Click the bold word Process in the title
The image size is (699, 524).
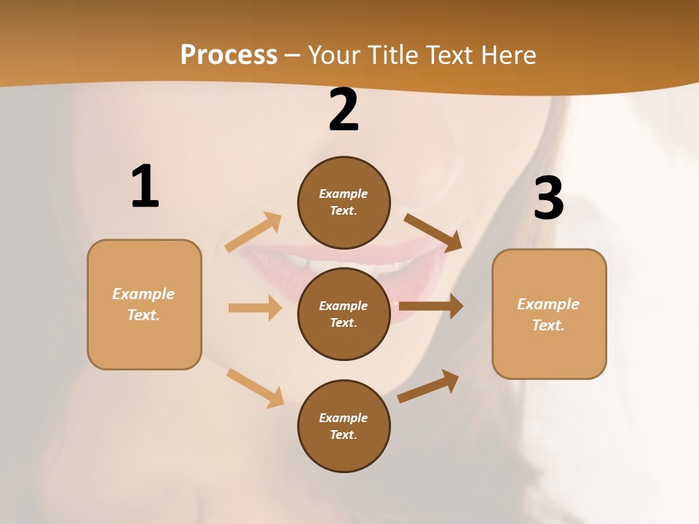229,55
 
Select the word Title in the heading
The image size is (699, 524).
393,55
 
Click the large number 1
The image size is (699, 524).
145,186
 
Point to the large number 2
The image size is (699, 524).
344,110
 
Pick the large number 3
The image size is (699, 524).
548,198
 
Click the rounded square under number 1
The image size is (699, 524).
144,304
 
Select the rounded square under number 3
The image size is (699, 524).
549,314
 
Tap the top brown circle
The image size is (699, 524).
344,202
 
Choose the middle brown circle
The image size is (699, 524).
344,314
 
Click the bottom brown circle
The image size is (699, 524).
344,426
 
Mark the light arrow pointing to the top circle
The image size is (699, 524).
253,232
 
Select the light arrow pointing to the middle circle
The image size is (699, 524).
255,308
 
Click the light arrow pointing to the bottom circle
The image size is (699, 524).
255,388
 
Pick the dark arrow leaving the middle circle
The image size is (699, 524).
431,306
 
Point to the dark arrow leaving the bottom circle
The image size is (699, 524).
428,386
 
